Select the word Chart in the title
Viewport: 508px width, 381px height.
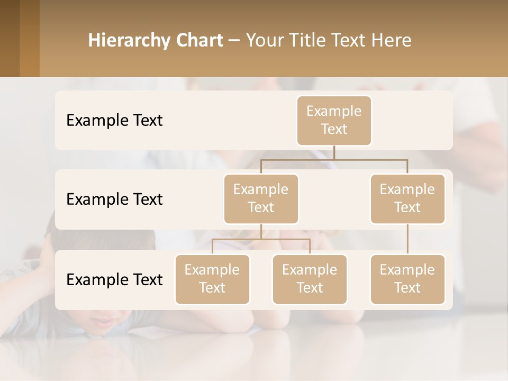pyautogui.click(x=199, y=41)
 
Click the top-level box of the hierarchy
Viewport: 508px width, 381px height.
pyautogui.click(x=334, y=120)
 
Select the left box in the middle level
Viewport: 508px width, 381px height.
pyautogui.click(x=261, y=198)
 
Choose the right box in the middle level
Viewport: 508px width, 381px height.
pyautogui.click(x=407, y=198)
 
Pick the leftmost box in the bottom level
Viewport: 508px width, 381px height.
pyautogui.click(x=212, y=279)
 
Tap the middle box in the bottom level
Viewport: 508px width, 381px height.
pyautogui.click(x=310, y=279)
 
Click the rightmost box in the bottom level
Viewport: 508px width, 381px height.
pyautogui.click(x=407, y=279)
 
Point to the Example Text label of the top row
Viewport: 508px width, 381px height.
pyautogui.click(x=114, y=121)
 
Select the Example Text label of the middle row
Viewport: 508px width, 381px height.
pyautogui.click(x=114, y=199)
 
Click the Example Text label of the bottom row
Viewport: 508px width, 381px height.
pyautogui.click(x=114, y=280)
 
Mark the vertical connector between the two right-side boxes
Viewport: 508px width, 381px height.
pyautogui.click(x=407, y=239)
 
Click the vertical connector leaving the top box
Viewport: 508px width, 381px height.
pyautogui.click(x=334, y=152)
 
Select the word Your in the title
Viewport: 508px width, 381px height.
pyautogui.click(x=264, y=41)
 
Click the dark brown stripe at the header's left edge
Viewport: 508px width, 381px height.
pyautogui.click(x=10, y=38)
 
